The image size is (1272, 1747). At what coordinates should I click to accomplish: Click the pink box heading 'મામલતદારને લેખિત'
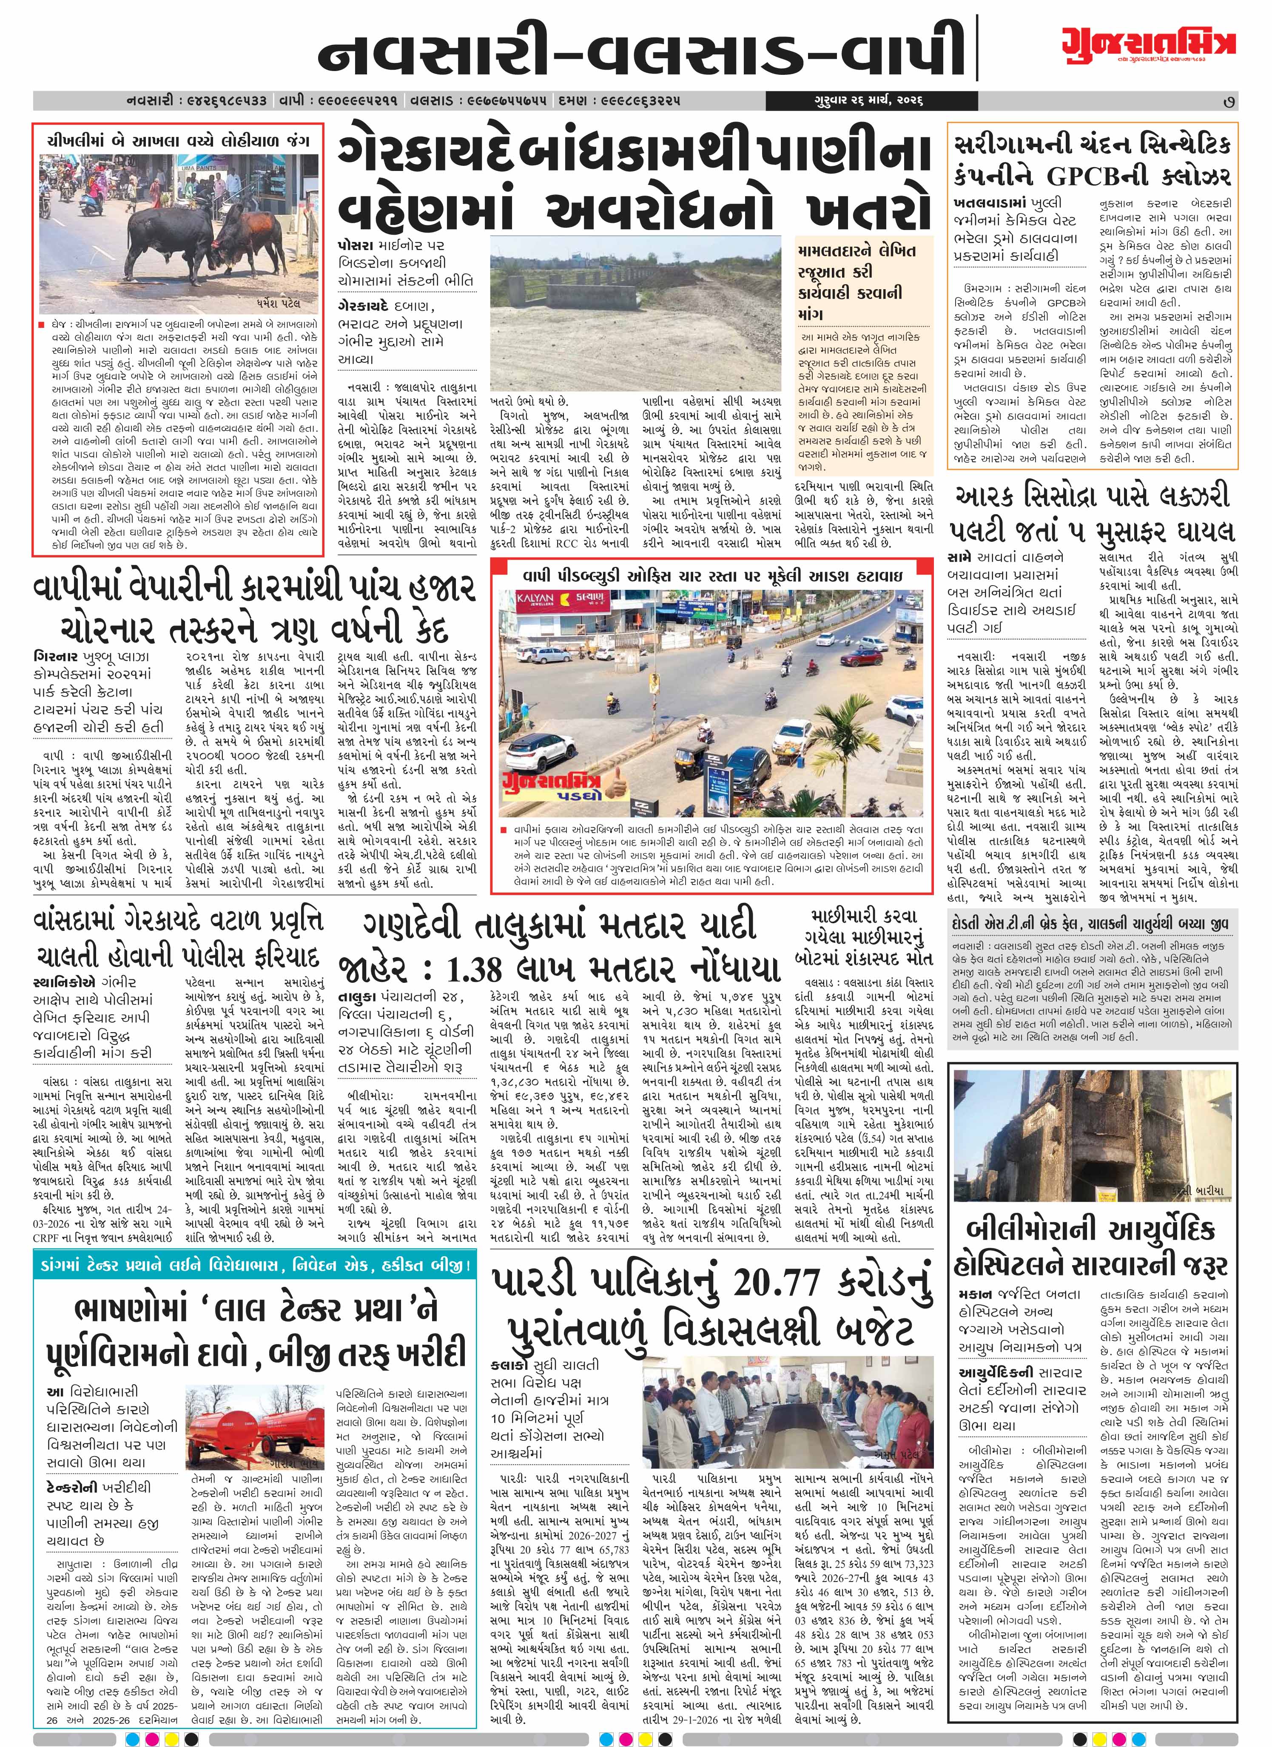pos(857,250)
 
